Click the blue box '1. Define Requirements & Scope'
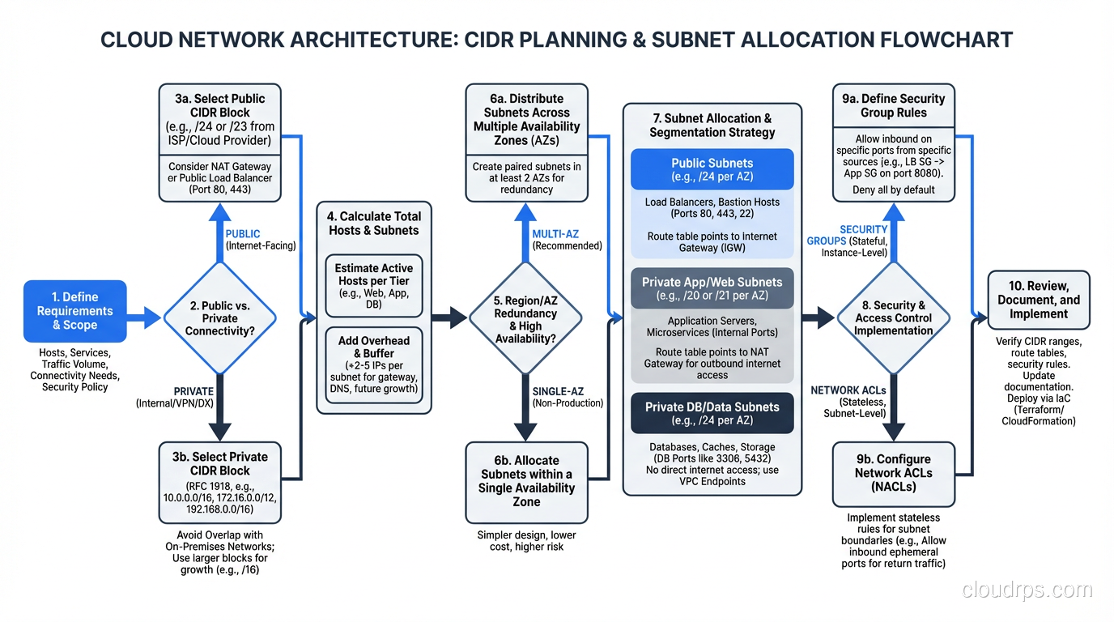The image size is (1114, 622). tap(75, 311)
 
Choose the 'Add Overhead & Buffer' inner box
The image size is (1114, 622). tap(374, 364)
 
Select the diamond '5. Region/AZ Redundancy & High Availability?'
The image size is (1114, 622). tap(525, 317)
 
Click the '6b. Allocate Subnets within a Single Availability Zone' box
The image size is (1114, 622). tap(526, 482)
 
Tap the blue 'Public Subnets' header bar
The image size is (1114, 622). tap(712, 169)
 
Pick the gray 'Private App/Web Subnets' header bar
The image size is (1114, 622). tap(712, 288)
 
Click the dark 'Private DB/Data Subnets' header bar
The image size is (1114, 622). tap(712, 413)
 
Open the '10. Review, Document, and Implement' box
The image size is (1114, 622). tap(1038, 300)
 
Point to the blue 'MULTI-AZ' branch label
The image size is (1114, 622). tap(555, 234)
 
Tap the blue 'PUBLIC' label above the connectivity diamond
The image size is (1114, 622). tap(243, 234)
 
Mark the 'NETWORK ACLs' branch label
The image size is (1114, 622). tap(847, 390)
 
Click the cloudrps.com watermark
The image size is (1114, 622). tap(1027, 590)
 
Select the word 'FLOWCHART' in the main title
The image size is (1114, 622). tap(939, 40)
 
